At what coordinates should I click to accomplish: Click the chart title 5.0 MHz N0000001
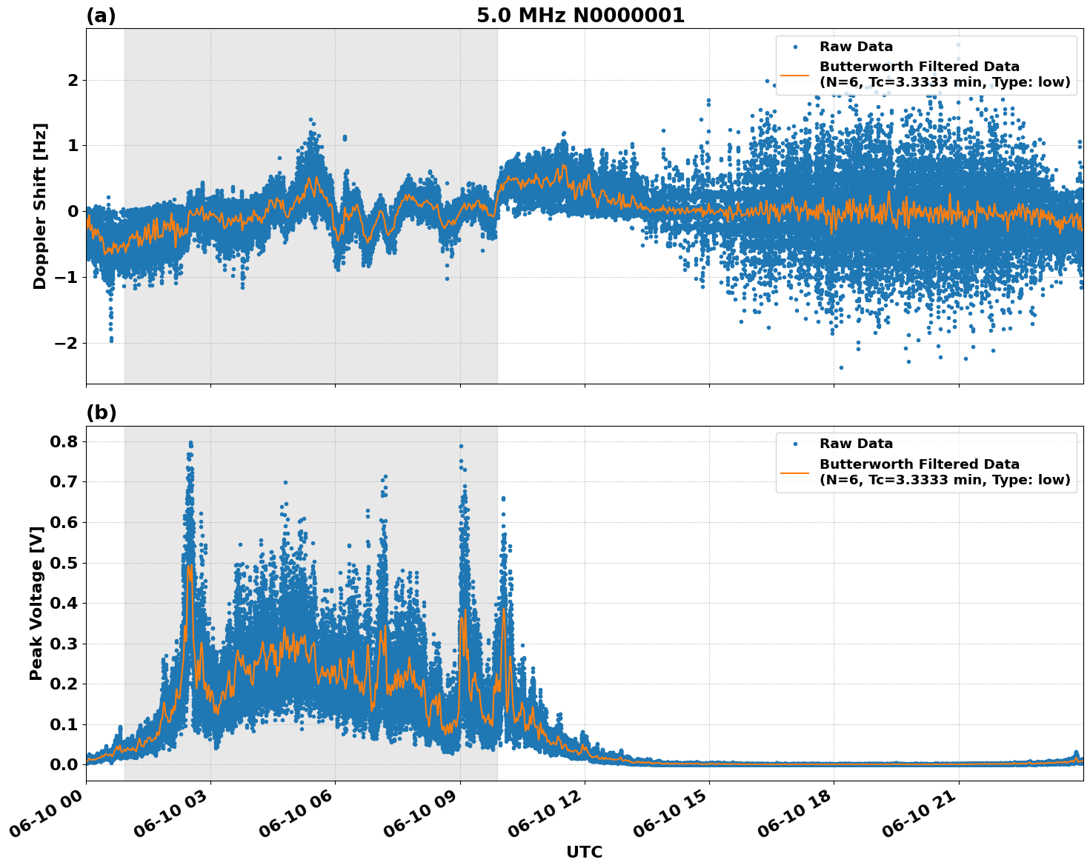point(580,16)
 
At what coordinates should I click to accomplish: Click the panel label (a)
point(101,16)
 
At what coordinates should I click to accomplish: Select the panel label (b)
point(101,413)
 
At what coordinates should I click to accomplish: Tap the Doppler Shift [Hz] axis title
point(40,206)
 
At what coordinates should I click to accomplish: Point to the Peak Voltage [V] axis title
point(36,603)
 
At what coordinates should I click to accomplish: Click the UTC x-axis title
point(584,852)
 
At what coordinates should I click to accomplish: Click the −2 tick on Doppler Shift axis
point(66,343)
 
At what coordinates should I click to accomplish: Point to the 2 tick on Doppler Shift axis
point(73,80)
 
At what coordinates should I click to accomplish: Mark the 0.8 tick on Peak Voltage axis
point(63,441)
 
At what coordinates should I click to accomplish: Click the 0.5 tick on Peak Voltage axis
point(63,563)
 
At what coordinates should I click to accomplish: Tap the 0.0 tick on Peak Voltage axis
point(63,764)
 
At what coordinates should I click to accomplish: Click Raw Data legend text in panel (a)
point(856,47)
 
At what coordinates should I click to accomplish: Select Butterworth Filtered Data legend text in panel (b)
point(919,464)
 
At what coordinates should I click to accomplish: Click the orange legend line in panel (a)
point(794,74)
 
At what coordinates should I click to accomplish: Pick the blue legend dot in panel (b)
point(794,444)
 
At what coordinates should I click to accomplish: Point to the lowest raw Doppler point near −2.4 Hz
point(840,367)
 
